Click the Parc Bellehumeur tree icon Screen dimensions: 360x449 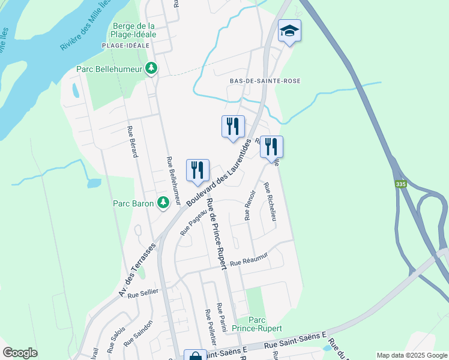pyautogui.click(x=152, y=68)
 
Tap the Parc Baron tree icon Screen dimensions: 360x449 pyautogui.click(x=163, y=203)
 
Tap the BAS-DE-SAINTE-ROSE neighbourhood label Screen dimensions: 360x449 pyautogui.click(x=265, y=81)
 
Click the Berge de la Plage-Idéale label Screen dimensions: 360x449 pyautogui.click(x=134, y=30)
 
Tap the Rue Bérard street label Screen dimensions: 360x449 pyautogui.click(x=133, y=142)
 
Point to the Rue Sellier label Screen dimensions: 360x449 pyautogui.click(x=142, y=293)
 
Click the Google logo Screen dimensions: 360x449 pyautogui.click(x=20, y=352)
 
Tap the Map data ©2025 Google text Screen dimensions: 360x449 pyautogui.click(x=411, y=355)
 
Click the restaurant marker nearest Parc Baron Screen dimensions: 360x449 pyautogui.click(x=197, y=171)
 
